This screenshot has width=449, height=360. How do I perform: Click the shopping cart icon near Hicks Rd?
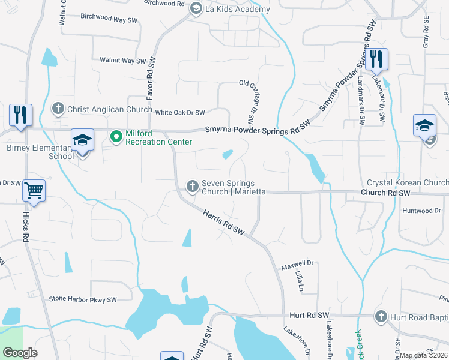pyautogui.click(x=34, y=191)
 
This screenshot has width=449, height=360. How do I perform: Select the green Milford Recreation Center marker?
pyautogui.click(x=116, y=138)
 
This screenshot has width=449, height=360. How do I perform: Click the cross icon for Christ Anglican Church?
pyautogui.click(x=58, y=109)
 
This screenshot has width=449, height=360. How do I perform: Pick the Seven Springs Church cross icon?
pyautogui.click(x=193, y=186)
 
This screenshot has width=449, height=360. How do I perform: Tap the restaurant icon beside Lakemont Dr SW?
pyautogui.click(x=376, y=59)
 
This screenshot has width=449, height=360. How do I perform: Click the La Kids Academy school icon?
pyautogui.click(x=195, y=8)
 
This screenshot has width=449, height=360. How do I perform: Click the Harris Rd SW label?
pyautogui.click(x=224, y=222)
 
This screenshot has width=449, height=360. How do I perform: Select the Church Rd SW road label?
pyautogui.click(x=385, y=193)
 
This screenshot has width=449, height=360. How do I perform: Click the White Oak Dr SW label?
pyautogui.click(x=180, y=112)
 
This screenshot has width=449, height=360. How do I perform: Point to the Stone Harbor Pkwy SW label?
pyautogui.click(x=82, y=299)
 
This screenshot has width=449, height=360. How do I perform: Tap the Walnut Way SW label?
pyautogui.click(x=123, y=61)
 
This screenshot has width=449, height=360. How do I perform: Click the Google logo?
pyautogui.click(x=20, y=353)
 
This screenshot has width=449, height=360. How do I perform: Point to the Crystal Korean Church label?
pyautogui.click(x=407, y=182)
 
